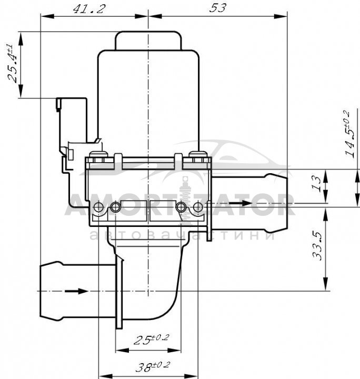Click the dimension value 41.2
pos(89,9)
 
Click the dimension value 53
pos(218,8)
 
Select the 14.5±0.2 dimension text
pos(349,134)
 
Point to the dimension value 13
pos(317,184)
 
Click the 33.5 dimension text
pos(317,246)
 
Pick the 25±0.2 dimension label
pos(151,339)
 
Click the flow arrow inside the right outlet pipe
pos(240,203)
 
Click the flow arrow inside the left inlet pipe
pos(76,291)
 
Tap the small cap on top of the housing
pos(148,41)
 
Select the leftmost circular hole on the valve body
pos(98,207)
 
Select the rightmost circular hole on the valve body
pos(198,207)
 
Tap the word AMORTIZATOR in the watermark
pos(179,204)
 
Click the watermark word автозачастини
pos(183,235)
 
